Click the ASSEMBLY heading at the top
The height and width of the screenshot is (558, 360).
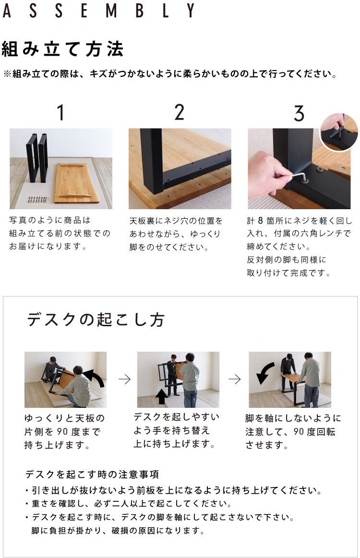[99, 11]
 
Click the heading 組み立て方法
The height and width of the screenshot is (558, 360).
[63, 49]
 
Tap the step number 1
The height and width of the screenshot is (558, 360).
[60, 112]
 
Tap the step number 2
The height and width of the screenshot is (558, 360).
[180, 112]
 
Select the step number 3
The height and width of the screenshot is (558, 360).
[299, 112]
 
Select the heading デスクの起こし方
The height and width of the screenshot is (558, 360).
[96, 320]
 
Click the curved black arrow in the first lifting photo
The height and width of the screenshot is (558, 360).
[94, 379]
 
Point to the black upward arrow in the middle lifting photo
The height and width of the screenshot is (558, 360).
[162, 396]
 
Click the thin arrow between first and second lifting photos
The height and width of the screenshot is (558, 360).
[124, 379]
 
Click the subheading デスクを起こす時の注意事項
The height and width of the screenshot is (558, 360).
[92, 475]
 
